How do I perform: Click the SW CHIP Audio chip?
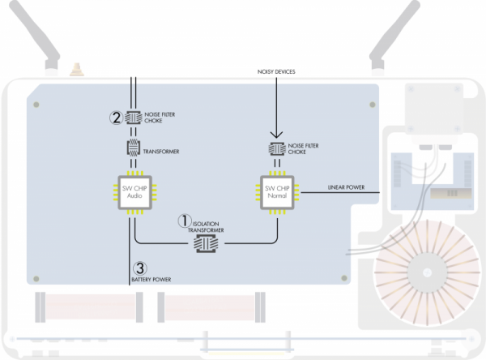tap(134, 192)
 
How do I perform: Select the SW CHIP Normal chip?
tap(277, 192)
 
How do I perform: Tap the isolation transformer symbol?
tap(206, 243)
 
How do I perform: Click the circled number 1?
tap(185, 221)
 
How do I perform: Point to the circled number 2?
tap(116, 118)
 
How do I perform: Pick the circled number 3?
tap(140, 268)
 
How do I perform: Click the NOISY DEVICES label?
tap(276, 71)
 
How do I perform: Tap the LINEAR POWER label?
tap(346, 187)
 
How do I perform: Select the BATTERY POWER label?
tap(151, 279)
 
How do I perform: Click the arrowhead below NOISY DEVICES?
tap(276, 135)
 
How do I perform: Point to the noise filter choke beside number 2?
tap(134, 118)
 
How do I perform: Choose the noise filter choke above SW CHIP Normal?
tap(277, 148)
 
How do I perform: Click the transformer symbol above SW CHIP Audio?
tap(134, 148)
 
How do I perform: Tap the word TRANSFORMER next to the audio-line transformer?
tap(161, 152)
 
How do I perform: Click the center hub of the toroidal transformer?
tap(428, 272)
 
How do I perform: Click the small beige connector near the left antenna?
tap(77, 70)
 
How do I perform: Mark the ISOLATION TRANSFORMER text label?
tap(206, 227)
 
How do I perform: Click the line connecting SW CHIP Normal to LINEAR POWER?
tap(340, 192)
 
